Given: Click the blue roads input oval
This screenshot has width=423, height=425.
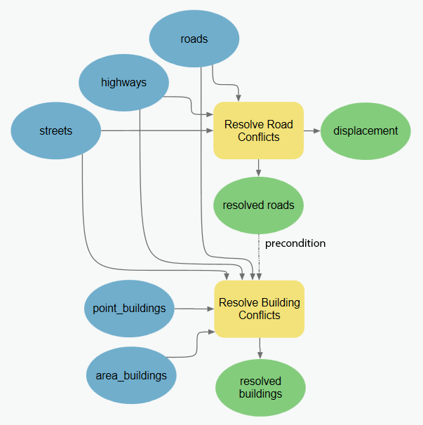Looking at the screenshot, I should click(194, 39).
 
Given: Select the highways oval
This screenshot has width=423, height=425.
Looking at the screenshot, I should click(123, 83).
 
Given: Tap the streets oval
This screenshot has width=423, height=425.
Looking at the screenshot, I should click(55, 131).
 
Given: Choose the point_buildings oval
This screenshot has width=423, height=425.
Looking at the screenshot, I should click(129, 309).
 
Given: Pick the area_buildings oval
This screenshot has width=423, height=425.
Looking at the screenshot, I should click(131, 375).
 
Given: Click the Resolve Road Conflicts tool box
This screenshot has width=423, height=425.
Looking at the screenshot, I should click(258, 131).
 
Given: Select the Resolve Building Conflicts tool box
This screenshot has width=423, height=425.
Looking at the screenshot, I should click(259, 309).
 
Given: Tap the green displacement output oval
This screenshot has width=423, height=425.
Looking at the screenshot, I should click(365, 131).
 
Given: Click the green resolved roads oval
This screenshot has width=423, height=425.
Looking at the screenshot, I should click(258, 205).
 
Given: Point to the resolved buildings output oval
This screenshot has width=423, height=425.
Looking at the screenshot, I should click(260, 387).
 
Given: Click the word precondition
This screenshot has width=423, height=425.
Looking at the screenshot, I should click(295, 243).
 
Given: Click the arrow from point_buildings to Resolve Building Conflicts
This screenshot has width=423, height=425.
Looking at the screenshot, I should click(194, 309).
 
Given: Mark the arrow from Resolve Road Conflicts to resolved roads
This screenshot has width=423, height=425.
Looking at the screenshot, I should click(259, 168).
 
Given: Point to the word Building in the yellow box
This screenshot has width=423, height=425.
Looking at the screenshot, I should click(279, 303).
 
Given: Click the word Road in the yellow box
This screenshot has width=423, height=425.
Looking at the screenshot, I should click(279, 125).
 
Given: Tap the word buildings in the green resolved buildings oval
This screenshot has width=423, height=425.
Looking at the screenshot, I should click(260, 393).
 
